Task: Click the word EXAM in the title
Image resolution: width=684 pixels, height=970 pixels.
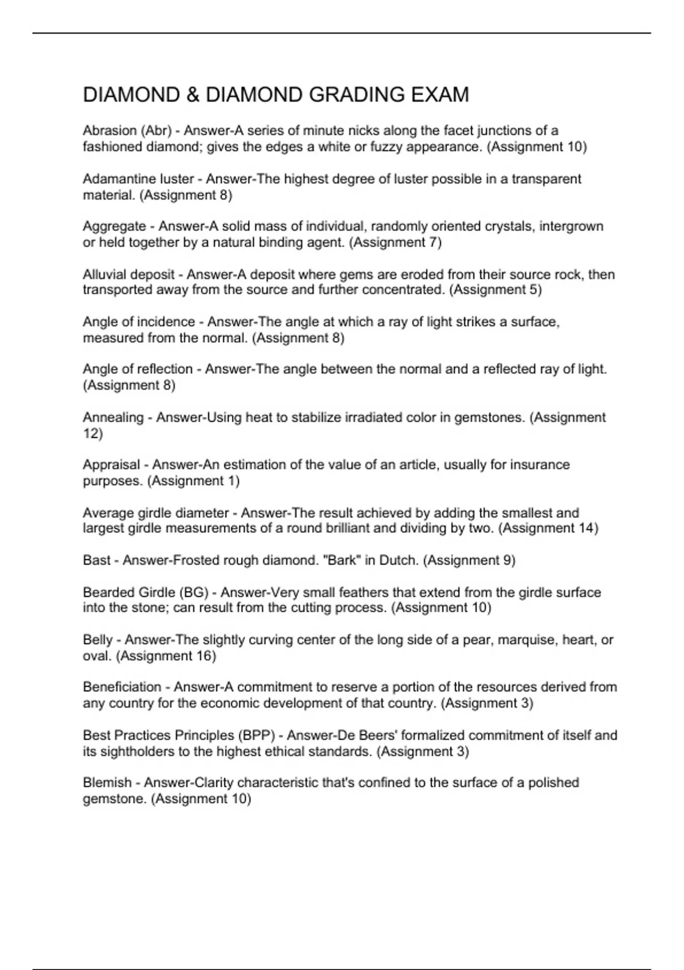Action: point(442,95)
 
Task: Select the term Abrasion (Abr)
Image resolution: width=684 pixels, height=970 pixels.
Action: point(127,131)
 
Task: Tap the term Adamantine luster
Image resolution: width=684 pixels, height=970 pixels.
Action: point(138,179)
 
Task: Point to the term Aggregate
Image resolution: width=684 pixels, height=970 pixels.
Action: point(114,227)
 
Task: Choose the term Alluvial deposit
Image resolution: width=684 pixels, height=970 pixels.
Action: point(128,274)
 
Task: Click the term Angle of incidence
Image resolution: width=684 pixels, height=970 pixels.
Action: point(139,322)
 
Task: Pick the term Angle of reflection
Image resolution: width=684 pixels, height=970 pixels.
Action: point(137,369)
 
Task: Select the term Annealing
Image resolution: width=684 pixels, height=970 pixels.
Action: point(113,417)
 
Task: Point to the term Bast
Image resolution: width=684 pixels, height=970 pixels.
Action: point(96,560)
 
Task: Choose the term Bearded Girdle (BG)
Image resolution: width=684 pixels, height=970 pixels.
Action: point(145,592)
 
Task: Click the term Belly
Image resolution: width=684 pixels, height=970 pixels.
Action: point(97,640)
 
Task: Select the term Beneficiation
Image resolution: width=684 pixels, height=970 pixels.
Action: point(122,687)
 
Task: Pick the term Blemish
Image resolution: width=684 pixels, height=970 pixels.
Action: point(107,782)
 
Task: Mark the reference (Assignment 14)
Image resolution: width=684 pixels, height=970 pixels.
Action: point(548,528)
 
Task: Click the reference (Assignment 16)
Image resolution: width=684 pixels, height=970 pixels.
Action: point(166,656)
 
